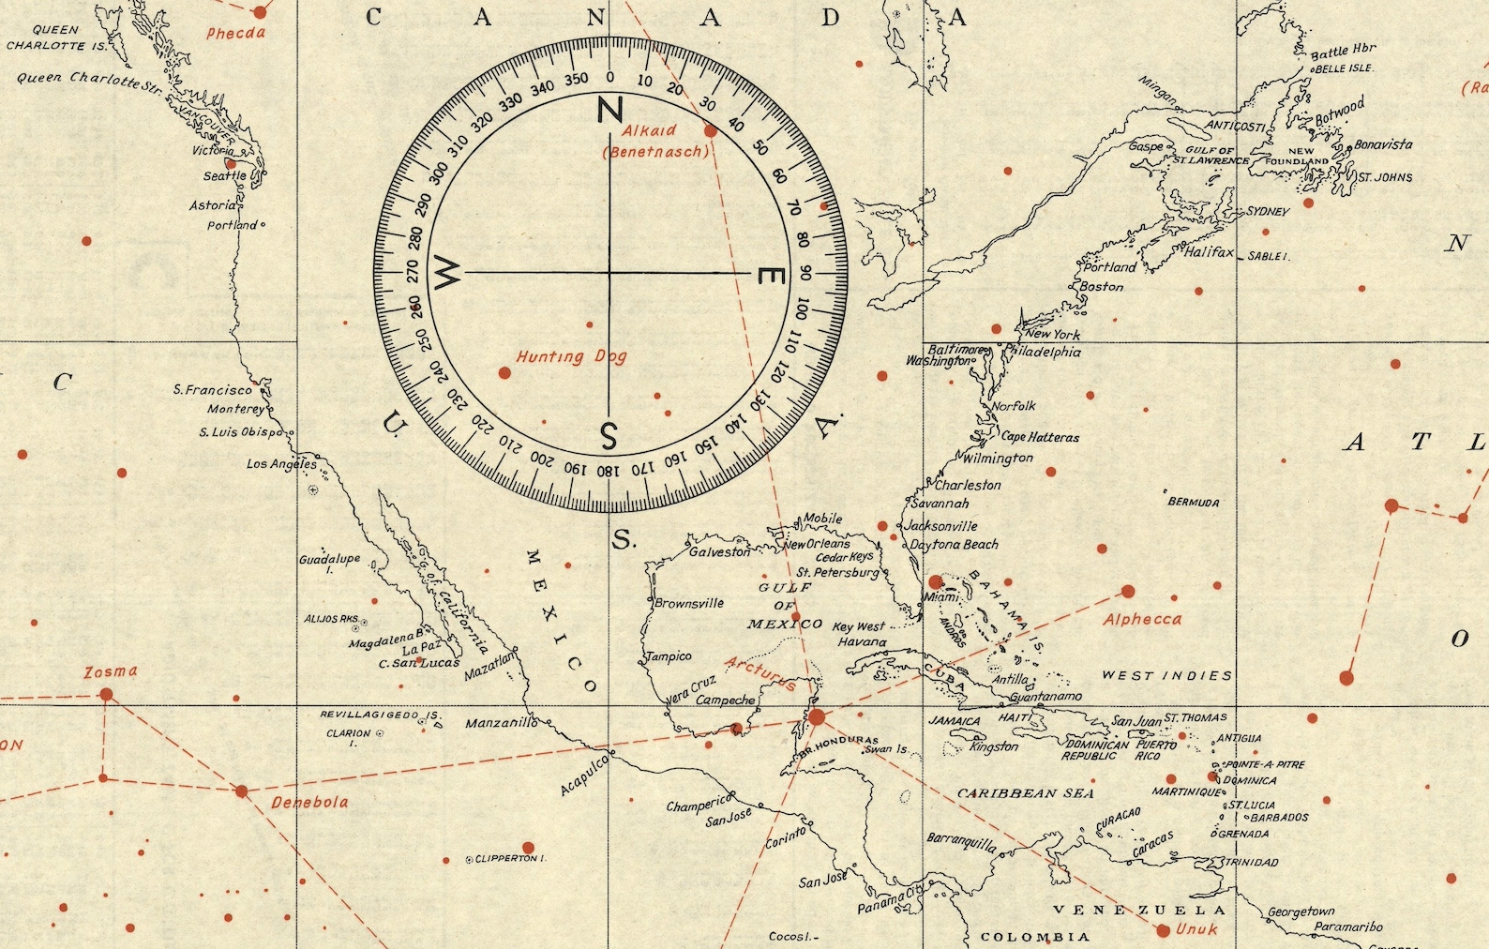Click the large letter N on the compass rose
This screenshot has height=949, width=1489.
(610, 111)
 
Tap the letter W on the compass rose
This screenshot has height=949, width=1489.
(447, 273)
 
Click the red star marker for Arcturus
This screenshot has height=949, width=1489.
(817, 717)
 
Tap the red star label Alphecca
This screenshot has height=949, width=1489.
(1142, 620)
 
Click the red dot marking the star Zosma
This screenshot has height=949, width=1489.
(106, 694)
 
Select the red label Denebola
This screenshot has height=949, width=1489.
(309, 803)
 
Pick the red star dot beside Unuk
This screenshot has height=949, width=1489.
(1163, 930)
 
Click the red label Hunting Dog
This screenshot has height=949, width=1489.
(571, 357)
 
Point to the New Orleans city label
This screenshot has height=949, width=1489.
(816, 544)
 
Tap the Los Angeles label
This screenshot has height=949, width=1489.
(281, 464)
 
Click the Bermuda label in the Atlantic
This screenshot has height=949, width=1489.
(1194, 503)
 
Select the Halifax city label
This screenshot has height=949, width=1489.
(1209, 252)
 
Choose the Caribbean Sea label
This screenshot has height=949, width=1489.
(1025, 793)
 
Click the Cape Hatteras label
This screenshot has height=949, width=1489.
(1040, 437)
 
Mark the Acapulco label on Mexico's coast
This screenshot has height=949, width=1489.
(584, 776)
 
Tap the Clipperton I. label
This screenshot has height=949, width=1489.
(510, 859)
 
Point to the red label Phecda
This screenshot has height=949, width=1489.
(236, 34)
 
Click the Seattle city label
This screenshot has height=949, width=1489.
(225, 176)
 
